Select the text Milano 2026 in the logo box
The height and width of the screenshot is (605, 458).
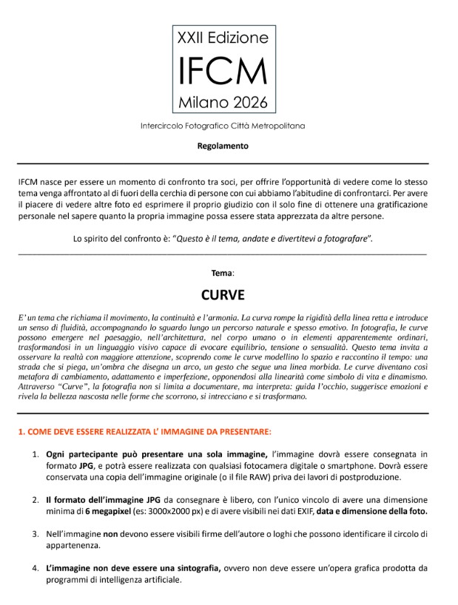[x=222, y=101]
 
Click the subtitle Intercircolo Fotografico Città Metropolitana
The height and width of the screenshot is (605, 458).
[x=223, y=126]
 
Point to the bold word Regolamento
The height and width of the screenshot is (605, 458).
[x=223, y=146]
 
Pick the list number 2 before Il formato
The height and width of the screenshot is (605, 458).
[x=35, y=500]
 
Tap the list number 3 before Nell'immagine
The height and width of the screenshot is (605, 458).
[x=35, y=533]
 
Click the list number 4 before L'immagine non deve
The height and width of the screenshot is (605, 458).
[x=35, y=567]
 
